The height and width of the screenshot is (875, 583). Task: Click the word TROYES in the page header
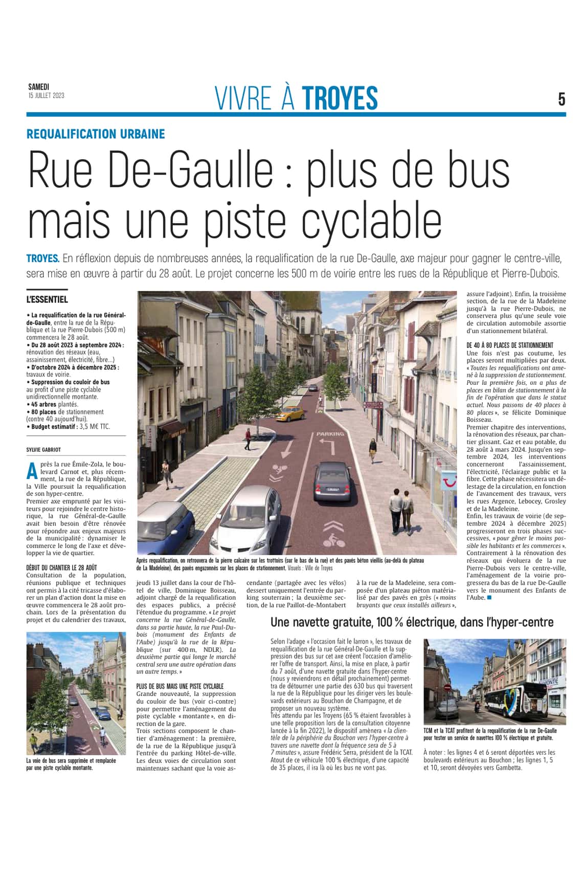point(340,98)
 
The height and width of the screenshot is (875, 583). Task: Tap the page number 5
point(562,99)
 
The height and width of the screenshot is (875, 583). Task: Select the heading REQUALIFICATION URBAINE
point(96,134)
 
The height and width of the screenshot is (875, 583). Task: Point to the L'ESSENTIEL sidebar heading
point(47,299)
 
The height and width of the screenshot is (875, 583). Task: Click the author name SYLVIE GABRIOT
point(43,450)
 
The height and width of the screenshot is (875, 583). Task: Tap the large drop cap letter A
point(32,470)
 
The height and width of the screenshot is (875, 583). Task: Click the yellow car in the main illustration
point(290,413)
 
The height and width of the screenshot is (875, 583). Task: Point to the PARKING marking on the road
point(330,434)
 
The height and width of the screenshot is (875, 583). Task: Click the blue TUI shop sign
point(449,481)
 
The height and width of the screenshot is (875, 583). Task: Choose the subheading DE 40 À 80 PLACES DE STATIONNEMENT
point(517,345)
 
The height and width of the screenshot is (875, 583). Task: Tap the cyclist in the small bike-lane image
point(103,736)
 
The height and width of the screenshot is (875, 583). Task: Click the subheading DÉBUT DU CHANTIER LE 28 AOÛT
point(61,567)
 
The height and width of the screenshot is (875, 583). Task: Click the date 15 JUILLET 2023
point(46,96)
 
